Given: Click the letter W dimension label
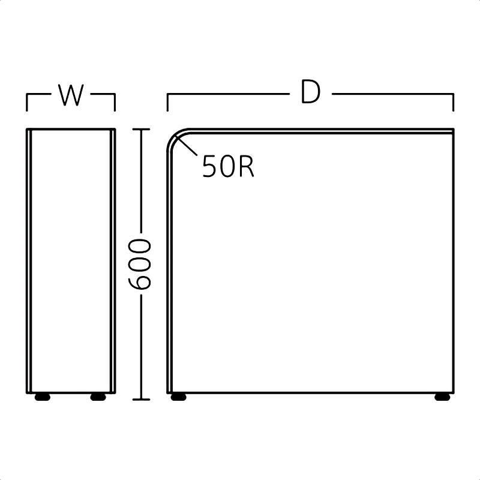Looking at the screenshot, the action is [71, 95].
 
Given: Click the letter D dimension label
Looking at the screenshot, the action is [310, 91].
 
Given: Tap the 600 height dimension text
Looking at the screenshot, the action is [139, 264].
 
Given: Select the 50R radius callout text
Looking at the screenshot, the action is [228, 166].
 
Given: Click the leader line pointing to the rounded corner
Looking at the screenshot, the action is [187, 146].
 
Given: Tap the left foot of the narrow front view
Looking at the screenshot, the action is [42, 397].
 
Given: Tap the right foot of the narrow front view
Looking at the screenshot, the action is [98, 397].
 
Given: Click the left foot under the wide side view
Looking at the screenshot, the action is [178, 397].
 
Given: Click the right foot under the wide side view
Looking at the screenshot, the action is [442, 397].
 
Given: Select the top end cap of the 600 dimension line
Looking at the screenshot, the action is [141, 130].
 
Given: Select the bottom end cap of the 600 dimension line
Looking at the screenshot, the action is [141, 400].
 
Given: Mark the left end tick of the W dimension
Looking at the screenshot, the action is [27, 102].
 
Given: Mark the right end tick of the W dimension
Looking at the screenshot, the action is [115, 102].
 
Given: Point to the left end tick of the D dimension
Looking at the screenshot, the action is [167, 102].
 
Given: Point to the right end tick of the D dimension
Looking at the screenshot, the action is [454, 102].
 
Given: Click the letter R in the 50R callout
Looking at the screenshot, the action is [247, 166].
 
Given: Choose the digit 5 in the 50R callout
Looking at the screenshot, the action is [209, 166].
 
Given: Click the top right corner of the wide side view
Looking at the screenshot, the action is [454, 129].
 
